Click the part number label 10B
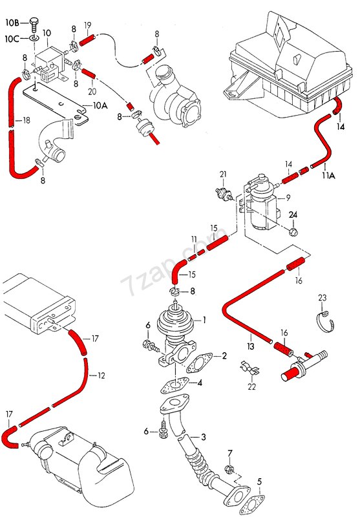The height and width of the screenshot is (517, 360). click(12, 23)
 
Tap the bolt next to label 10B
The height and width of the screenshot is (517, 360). click(34, 24)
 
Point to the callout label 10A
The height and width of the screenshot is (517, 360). click(100, 105)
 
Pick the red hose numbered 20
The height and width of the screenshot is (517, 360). click(89, 73)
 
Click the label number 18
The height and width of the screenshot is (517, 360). click(26, 120)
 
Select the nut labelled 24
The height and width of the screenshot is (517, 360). click(293, 232)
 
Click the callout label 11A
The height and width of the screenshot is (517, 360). click(328, 175)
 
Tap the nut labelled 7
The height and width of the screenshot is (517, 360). click(228, 469)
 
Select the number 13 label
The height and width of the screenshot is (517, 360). click(251, 346)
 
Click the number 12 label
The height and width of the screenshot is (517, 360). click(101, 375)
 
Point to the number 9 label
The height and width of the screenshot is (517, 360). click(288, 198)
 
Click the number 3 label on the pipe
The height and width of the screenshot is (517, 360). click(204, 437)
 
